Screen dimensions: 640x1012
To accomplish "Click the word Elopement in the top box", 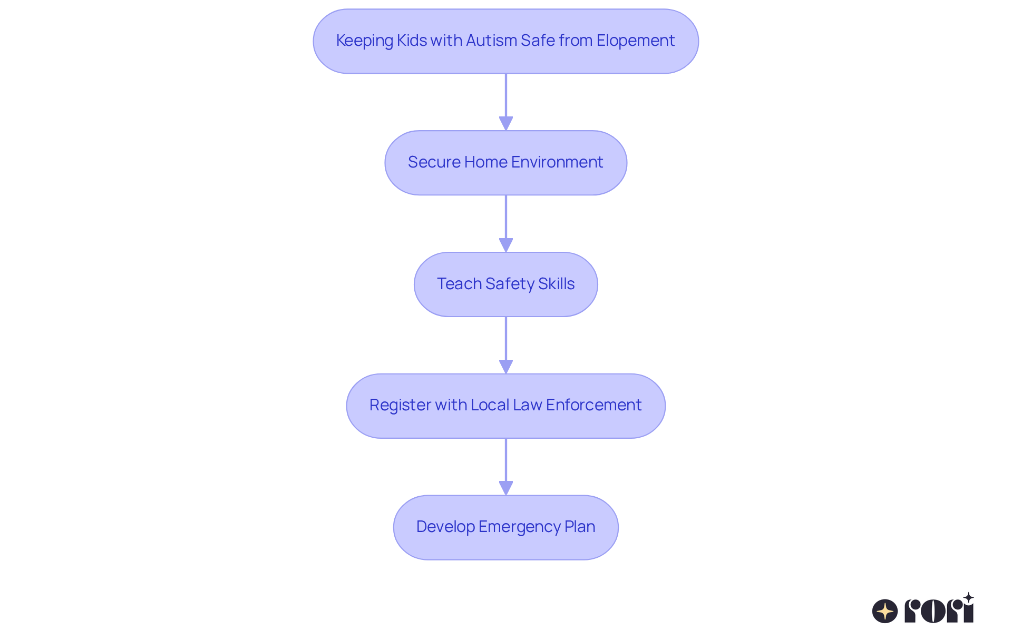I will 635,41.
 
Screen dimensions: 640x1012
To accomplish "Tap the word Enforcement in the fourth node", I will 593,405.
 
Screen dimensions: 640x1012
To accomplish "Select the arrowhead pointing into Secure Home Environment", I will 506,123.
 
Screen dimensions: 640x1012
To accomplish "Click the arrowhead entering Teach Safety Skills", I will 506,245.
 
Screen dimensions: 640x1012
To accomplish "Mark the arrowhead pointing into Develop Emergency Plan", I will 506,488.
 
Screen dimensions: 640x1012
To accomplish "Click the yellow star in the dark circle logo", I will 885,611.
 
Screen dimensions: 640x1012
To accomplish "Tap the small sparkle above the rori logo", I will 968,598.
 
